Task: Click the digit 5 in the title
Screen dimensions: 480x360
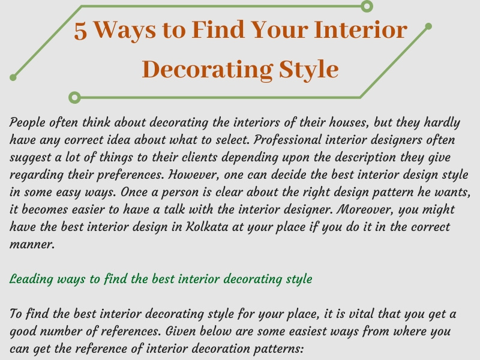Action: pyautogui.click(x=80, y=31)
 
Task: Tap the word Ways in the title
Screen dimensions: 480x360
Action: pyautogui.click(x=125, y=31)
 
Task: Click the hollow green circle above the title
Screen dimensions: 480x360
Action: pyautogui.click(x=367, y=6)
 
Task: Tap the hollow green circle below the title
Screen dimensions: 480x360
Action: pyautogui.click(x=74, y=97)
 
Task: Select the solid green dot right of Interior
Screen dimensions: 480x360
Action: pyautogui.click(x=428, y=26)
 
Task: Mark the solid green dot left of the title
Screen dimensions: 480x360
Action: pyautogui.click(x=13, y=77)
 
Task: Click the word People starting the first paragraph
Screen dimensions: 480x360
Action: pyautogui.click(x=27, y=123)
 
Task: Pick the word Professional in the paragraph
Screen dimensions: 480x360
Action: pyautogui.click(x=287, y=140)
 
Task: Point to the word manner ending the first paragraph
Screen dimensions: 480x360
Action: pyautogui.click(x=32, y=245)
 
